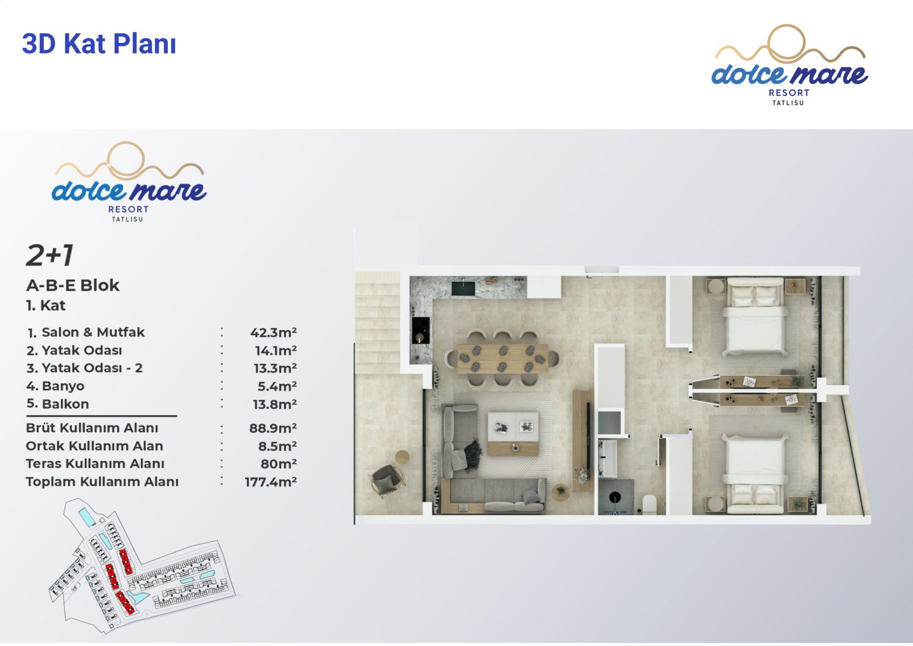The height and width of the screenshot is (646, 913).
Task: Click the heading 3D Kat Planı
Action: (x=99, y=44)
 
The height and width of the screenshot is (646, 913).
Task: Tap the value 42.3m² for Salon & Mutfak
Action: (x=273, y=332)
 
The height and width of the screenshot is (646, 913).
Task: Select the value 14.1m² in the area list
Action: (x=276, y=350)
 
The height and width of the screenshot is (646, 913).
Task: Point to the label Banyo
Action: (x=63, y=386)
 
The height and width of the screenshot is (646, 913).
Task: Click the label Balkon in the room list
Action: (x=65, y=404)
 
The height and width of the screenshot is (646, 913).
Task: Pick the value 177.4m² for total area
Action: (x=271, y=482)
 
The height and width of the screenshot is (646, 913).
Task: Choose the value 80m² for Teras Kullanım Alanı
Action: (x=278, y=464)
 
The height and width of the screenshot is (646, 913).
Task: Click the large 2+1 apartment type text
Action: (x=49, y=255)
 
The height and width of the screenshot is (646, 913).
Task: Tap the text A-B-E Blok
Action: (x=73, y=286)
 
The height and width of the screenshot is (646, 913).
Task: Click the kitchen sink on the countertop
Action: (x=463, y=288)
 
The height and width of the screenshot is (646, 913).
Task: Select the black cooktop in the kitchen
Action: (x=420, y=330)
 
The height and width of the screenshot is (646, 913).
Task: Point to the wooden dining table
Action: (x=503, y=359)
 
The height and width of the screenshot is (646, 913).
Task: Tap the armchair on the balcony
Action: (x=387, y=480)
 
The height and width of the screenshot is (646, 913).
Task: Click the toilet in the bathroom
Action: (x=649, y=504)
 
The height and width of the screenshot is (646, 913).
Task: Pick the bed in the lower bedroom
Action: (x=755, y=473)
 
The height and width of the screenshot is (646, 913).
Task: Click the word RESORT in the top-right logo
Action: (x=789, y=93)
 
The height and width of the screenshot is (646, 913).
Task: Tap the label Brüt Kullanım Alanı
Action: (x=92, y=428)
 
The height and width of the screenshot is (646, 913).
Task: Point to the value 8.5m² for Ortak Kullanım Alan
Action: (x=277, y=446)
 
